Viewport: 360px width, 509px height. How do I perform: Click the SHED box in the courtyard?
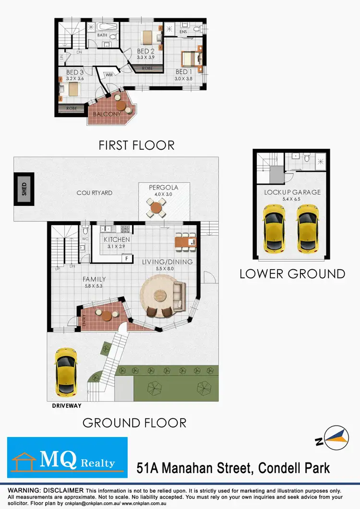(x=23, y=189)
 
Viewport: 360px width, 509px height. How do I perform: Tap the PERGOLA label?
(x=157, y=187)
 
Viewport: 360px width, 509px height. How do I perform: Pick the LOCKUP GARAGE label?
(x=292, y=192)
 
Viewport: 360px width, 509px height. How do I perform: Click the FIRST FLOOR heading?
(x=136, y=144)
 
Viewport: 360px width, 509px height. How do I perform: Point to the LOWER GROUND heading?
(x=292, y=274)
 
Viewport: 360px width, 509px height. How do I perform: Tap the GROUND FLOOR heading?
(x=134, y=423)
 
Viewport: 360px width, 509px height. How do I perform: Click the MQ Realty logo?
(x=67, y=457)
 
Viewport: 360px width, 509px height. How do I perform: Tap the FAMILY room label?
(x=94, y=279)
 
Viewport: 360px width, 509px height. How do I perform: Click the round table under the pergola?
(x=157, y=208)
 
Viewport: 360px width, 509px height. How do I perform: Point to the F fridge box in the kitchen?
(x=127, y=259)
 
